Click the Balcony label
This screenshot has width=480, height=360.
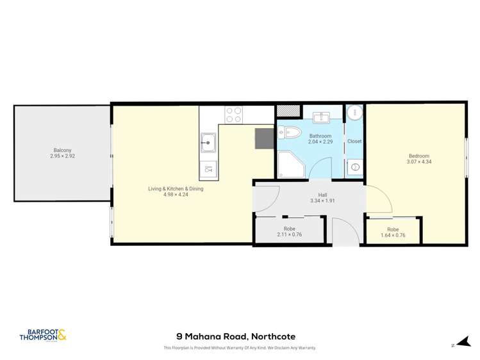(x=62, y=150)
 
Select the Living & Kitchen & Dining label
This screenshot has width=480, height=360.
(x=176, y=188)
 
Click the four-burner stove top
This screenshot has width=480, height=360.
(x=233, y=115)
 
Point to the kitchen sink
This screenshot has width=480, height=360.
(x=208, y=142)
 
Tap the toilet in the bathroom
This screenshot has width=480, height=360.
(x=290, y=133)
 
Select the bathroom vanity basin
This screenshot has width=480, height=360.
(x=320, y=117)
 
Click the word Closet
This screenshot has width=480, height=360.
(x=354, y=141)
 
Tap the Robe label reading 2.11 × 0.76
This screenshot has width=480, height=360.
(x=289, y=234)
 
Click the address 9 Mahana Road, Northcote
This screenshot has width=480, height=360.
(x=236, y=336)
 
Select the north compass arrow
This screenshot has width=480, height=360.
(x=457, y=343)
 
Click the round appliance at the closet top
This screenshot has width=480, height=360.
(x=354, y=112)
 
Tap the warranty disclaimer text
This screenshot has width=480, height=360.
(x=240, y=348)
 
